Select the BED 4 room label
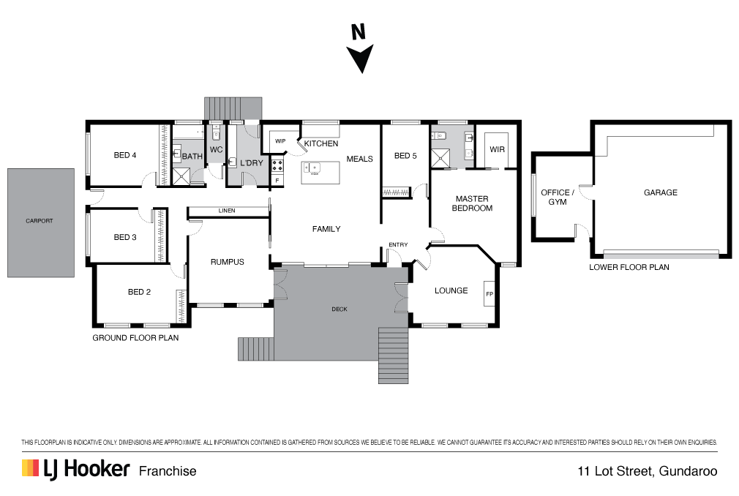coord(125,155)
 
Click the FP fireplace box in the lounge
coord(489,294)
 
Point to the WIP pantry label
coord(280,141)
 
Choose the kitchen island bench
coord(321,173)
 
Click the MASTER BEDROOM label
coord(473,203)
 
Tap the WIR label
coord(497,149)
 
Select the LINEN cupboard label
coord(226,211)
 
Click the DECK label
coord(340,309)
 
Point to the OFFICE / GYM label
coord(553,197)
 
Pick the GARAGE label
coord(660,192)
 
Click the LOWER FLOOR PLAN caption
coord(629,268)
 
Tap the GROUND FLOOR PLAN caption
coord(135,338)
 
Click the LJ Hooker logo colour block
coord(29,469)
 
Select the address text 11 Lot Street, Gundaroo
coord(647,471)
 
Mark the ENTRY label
coord(398,244)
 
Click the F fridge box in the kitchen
coord(277,179)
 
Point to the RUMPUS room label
coord(227,262)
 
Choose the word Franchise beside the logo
coord(168,471)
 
